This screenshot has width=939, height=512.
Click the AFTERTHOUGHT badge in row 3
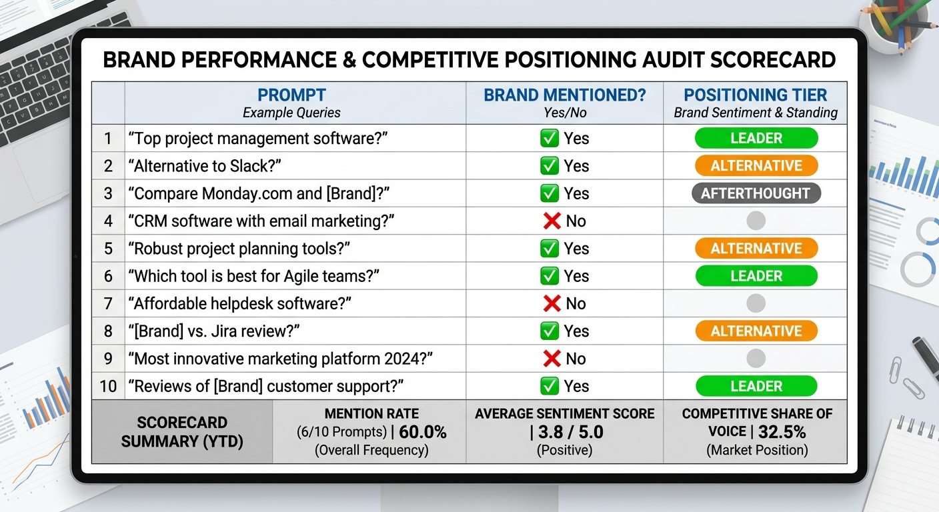coord(756,193)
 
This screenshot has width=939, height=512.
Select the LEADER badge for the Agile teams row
coord(756,276)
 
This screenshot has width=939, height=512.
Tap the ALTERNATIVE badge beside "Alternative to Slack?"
coord(756,166)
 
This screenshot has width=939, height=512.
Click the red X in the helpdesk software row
coord(552,304)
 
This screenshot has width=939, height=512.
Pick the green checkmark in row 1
coord(549,138)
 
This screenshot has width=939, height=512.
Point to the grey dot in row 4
coord(756,221)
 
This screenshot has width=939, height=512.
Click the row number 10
coord(108,386)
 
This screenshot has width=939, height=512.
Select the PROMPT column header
coord(291,95)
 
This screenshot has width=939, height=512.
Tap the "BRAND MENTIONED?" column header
coord(564,95)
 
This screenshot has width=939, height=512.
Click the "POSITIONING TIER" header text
coord(756,95)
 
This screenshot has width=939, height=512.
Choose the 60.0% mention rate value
coord(423,432)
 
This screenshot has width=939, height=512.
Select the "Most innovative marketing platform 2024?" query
coord(283,359)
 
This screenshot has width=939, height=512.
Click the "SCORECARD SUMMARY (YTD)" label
coord(182,431)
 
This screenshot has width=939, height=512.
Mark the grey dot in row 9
coord(756,359)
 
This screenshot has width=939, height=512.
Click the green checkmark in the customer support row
coord(549,386)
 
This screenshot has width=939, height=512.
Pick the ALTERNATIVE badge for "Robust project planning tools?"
coord(756,249)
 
